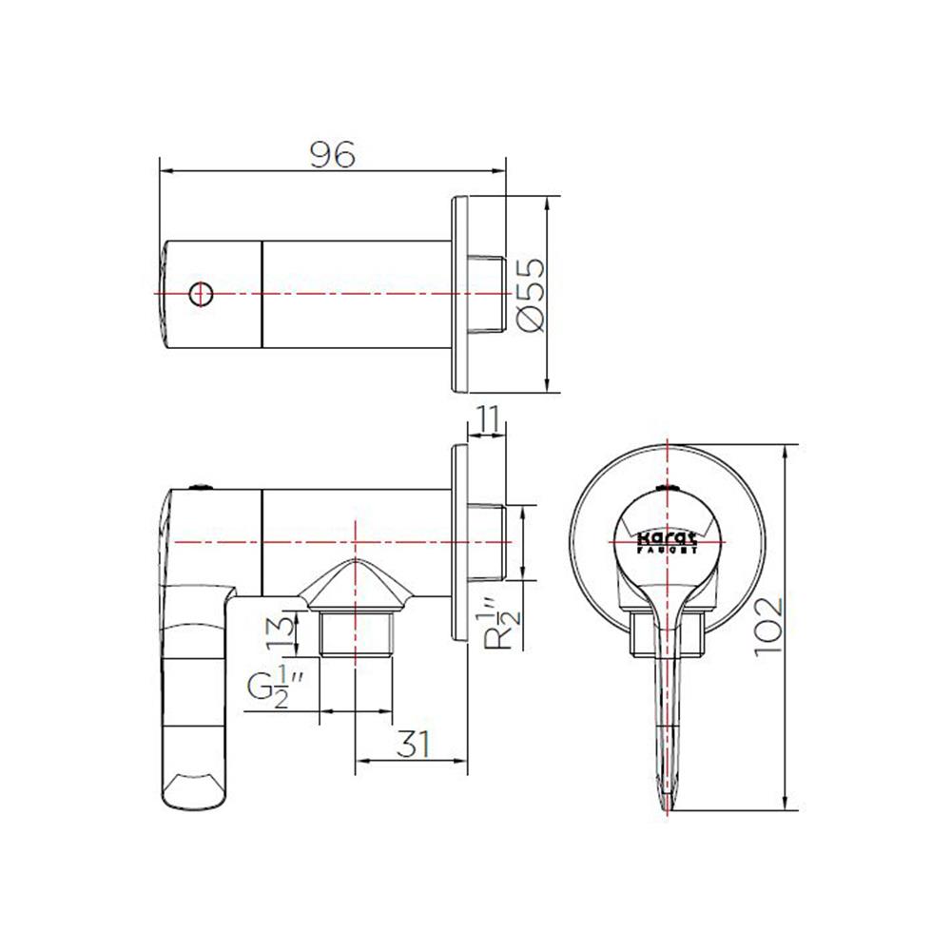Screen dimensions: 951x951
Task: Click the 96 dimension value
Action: pos(332,153)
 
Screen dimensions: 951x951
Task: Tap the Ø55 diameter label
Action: pos(532,294)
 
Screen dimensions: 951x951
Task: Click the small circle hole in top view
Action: pos(200,294)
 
